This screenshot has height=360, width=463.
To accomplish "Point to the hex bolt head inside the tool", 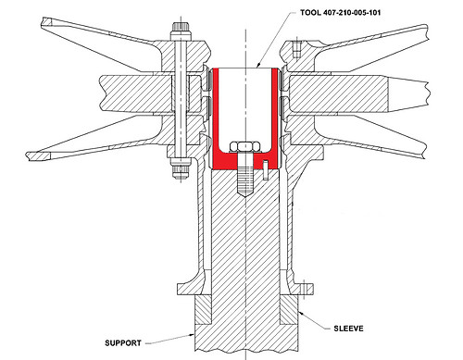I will coord(244,146).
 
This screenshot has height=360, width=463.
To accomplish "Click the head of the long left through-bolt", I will coord(177,41).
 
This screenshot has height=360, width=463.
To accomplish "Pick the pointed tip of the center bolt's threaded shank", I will coord(244,195).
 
